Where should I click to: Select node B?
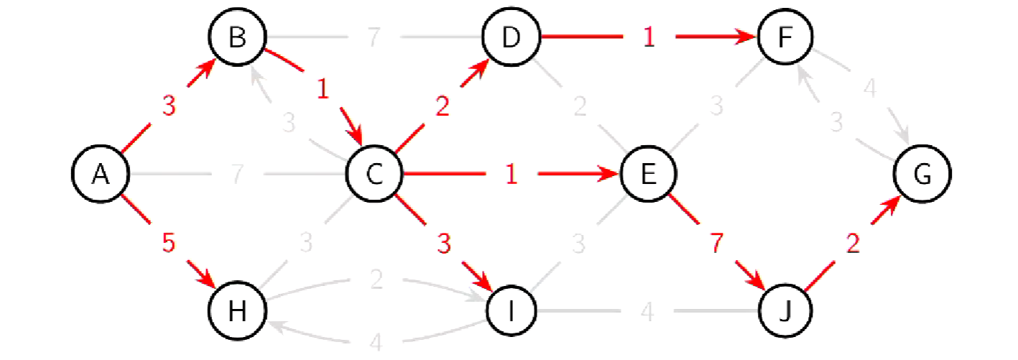pyautogui.click(x=237, y=37)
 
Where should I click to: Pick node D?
pyautogui.click(x=511, y=37)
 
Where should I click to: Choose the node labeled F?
pyautogui.click(x=785, y=37)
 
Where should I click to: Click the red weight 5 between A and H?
pyautogui.click(x=168, y=244)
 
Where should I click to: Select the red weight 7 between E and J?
pyautogui.click(x=716, y=244)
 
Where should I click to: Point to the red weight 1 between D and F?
pyautogui.click(x=648, y=37)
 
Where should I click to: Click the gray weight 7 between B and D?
pyautogui.click(x=374, y=37)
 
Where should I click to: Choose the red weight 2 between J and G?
pyautogui.click(x=853, y=244)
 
